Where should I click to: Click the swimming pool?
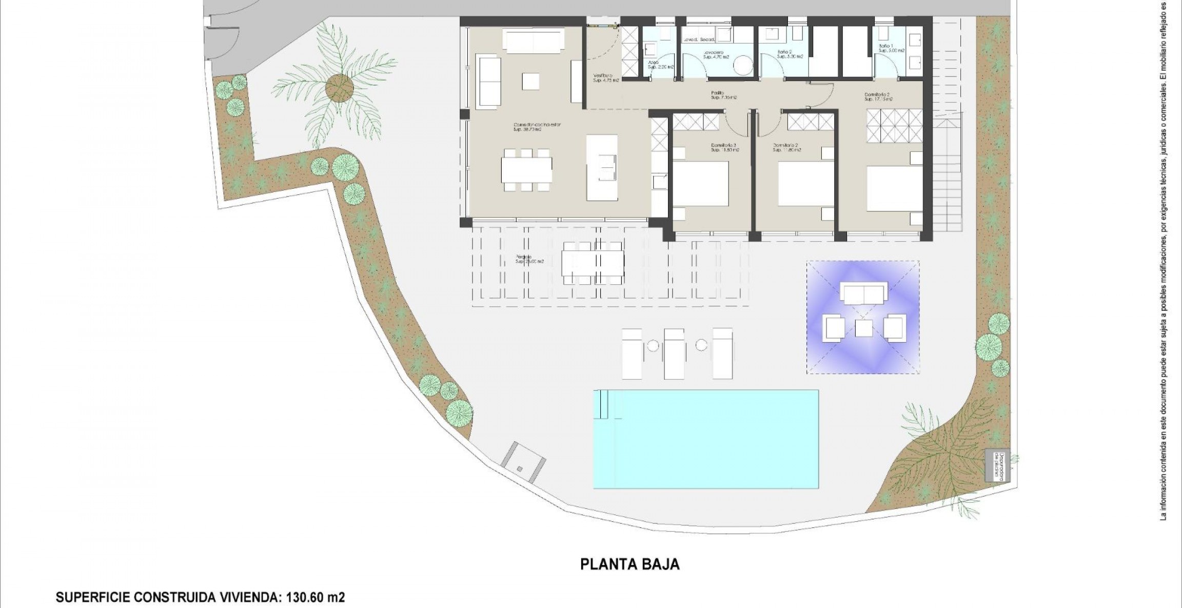(705, 439)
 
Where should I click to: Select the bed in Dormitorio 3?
(700, 183)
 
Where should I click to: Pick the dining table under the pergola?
(593, 263)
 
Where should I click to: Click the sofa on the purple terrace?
(864, 295)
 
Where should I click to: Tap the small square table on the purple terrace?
(864, 328)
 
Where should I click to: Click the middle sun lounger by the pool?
(674, 354)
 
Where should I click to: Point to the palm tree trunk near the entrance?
(339, 88)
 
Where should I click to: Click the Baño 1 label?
(886, 48)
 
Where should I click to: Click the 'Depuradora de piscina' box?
(997, 465)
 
